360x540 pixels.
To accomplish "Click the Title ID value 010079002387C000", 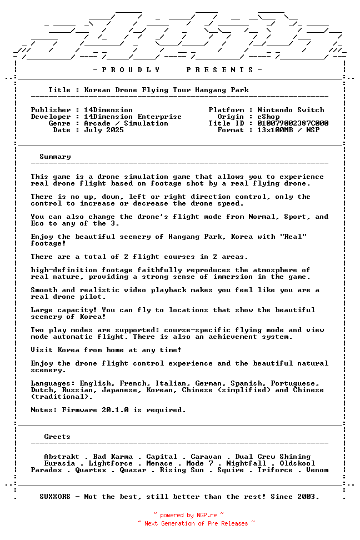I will (x=293, y=123).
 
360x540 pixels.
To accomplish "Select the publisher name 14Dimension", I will (x=108, y=110).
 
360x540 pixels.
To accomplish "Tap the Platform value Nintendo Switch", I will (x=291, y=110).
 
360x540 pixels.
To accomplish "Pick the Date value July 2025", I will (x=104, y=130).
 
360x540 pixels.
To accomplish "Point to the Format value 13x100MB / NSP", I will (x=288, y=130).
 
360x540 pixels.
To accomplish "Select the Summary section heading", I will (x=55, y=157).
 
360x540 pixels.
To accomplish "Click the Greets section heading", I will (x=57, y=437).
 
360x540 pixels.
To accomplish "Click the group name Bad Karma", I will (x=113, y=457).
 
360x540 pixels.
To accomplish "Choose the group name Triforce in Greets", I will (x=275, y=470).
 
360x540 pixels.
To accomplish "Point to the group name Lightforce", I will (x=111, y=463).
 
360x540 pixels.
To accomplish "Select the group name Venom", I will (x=317, y=470).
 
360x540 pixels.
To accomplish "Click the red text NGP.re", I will (x=206, y=516).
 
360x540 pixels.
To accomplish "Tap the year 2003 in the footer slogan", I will (x=308, y=497).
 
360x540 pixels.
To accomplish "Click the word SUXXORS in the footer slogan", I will (x=55, y=497).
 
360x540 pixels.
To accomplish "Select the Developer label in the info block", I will (x=51, y=117).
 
